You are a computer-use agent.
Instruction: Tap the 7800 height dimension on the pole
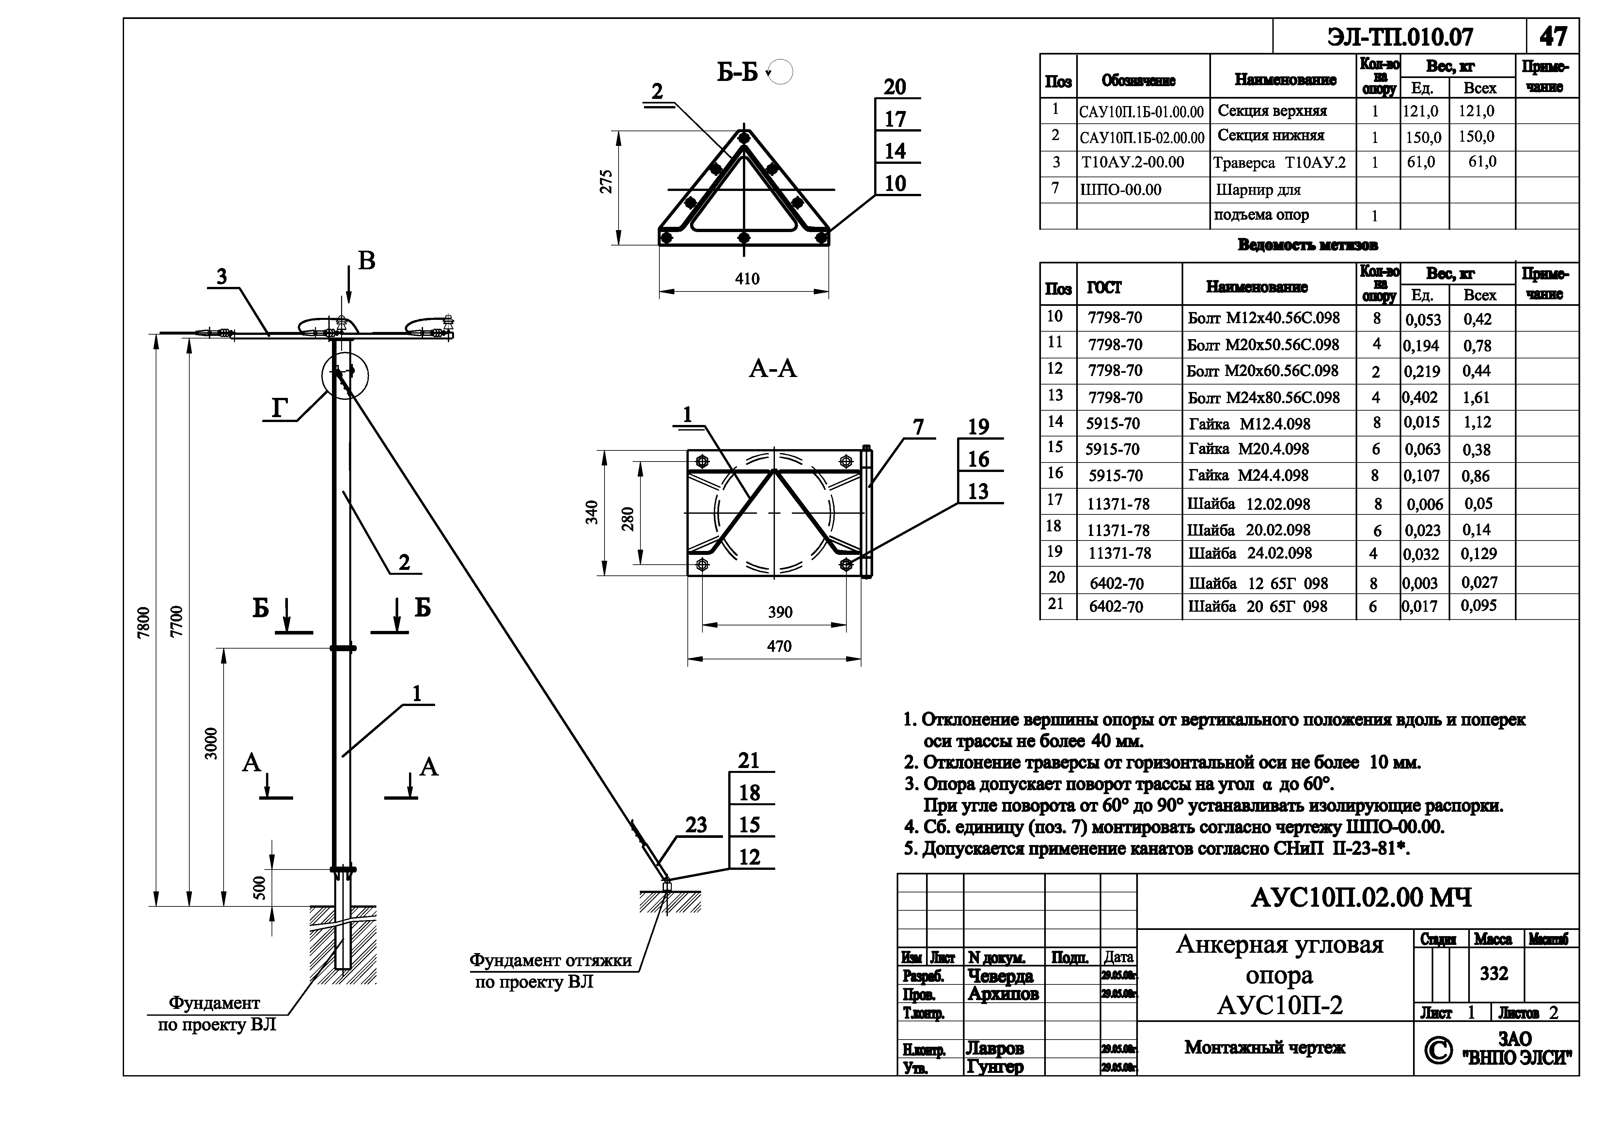(x=144, y=622)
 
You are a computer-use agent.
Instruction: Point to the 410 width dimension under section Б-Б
(x=747, y=279)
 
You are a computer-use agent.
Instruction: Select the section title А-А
(x=773, y=368)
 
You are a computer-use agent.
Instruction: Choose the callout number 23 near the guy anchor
(x=696, y=825)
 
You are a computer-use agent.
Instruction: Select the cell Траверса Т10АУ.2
(x=1279, y=163)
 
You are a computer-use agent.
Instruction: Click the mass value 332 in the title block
(x=1494, y=974)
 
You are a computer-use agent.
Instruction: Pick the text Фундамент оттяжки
(x=550, y=960)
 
